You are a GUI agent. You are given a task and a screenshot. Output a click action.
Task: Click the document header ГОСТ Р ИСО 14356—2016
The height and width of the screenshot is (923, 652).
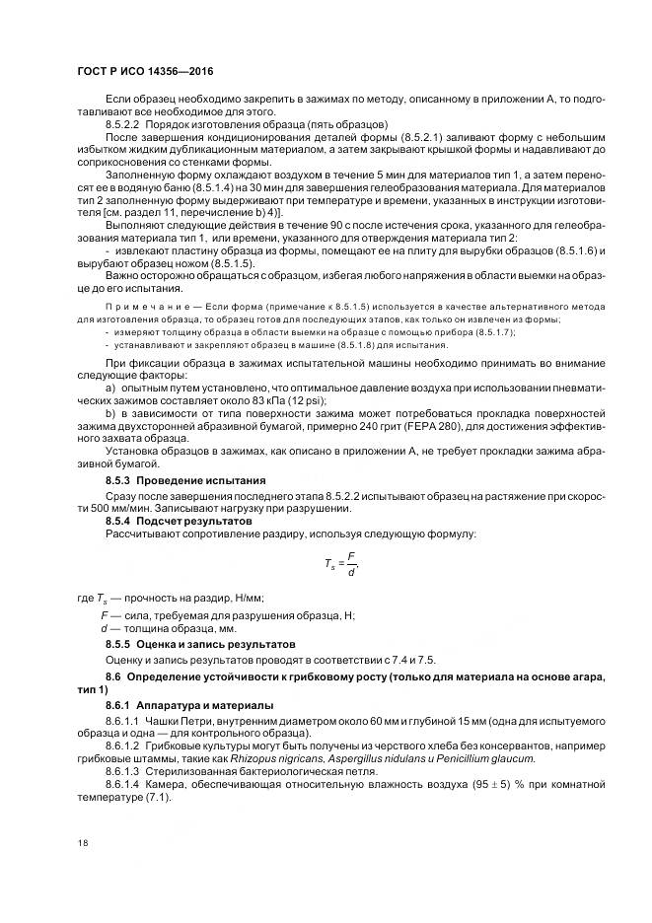click(x=144, y=72)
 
